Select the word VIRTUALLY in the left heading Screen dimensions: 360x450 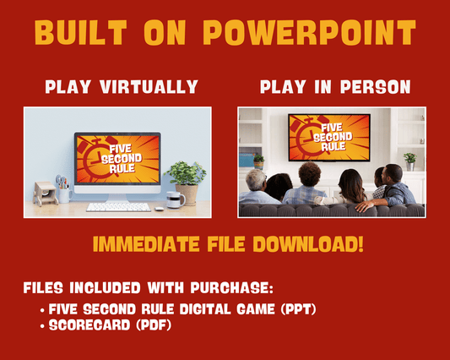coord(154,87)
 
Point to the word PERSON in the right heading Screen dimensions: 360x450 coord(371,87)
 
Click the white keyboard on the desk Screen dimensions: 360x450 coord(118,206)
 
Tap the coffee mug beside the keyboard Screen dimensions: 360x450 coord(175,200)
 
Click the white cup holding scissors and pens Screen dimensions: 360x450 coord(63,194)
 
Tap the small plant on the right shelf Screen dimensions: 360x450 coord(409,159)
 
